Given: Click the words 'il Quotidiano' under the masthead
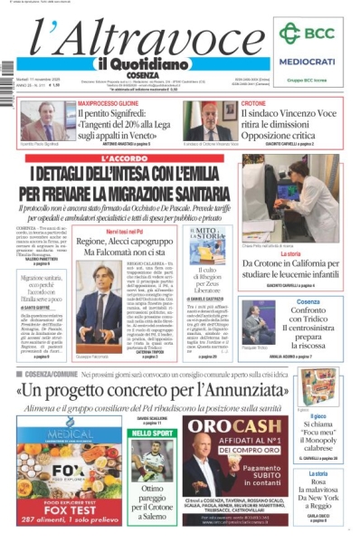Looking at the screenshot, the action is click(136, 63).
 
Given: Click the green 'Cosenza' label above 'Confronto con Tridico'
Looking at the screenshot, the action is click(307, 301).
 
